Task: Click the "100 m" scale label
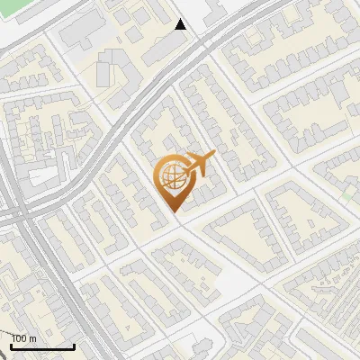point(24,338)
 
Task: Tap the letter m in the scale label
point(32,338)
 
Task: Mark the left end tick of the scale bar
point(12,345)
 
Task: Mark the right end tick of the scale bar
point(74,345)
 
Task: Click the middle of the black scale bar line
point(42,346)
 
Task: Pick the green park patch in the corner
point(18,4)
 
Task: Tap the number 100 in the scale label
point(20,338)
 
